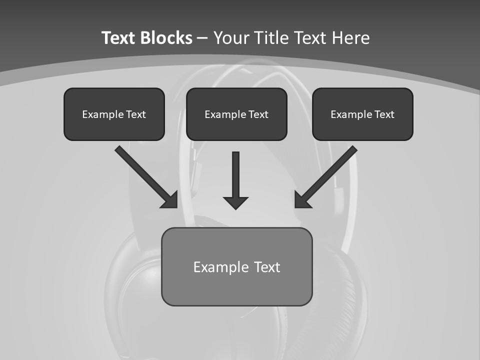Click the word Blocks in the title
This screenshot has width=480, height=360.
pos(166,38)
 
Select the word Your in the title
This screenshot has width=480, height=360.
pos(232,38)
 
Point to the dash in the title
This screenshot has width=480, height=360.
pos(203,38)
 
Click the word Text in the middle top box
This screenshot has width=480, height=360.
pos(258,114)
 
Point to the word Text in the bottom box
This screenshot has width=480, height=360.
pos(267,267)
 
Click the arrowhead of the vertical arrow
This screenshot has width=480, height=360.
pos(236,202)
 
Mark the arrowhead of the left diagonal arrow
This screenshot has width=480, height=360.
pos(169,200)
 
